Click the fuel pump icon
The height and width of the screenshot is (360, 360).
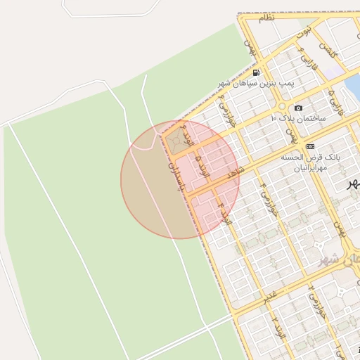tap(256, 72)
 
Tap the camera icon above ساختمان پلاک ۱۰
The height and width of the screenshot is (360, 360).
tap(299, 108)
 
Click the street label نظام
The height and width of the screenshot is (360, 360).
tap(266, 18)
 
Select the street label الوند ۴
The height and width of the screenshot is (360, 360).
tap(224, 212)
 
